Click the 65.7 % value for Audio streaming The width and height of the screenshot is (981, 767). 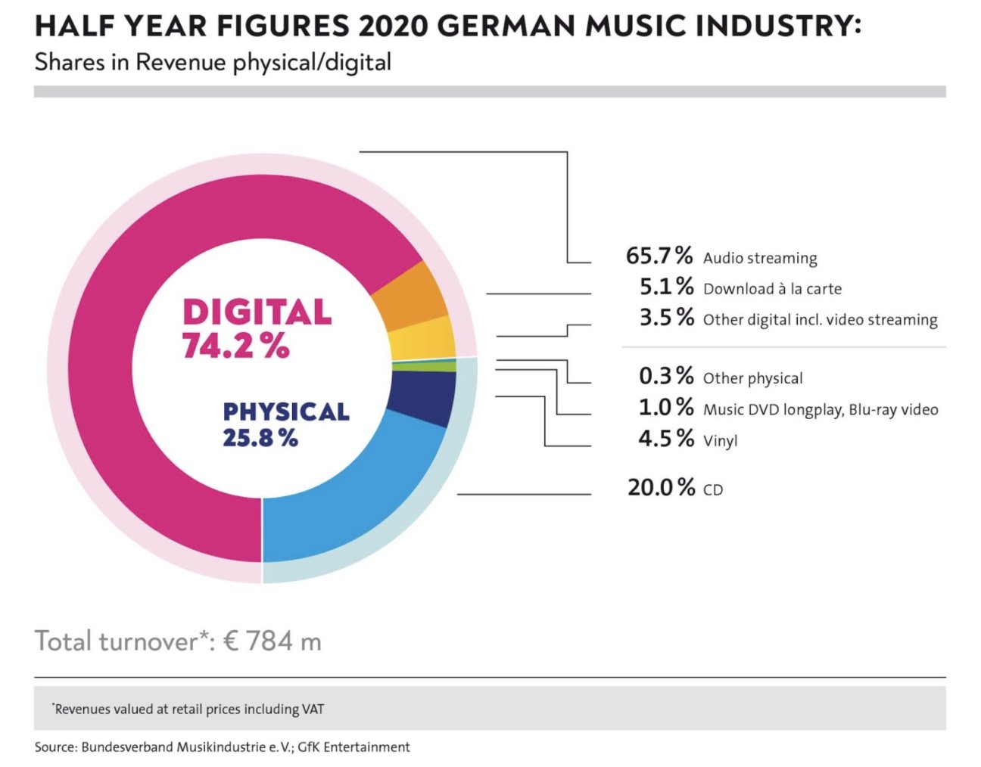659,256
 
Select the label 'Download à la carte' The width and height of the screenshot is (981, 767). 772,289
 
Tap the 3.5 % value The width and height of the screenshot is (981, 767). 666,317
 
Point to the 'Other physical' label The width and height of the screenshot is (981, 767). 752,378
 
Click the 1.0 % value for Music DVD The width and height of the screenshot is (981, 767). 666,408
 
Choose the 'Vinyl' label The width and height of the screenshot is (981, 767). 720,440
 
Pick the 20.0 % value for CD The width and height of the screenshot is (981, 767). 661,488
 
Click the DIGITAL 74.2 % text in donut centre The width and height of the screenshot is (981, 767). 256,328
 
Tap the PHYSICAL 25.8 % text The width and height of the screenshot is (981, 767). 285,424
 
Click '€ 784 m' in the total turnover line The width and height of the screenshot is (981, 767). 272,641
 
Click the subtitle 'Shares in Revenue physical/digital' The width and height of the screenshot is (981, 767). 213,62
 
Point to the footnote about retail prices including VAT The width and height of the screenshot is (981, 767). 188,709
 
